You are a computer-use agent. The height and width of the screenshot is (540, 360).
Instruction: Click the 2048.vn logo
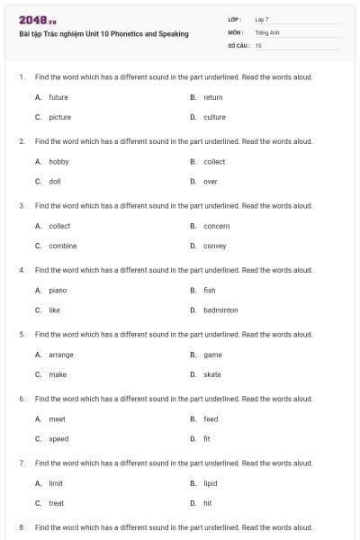tap(37, 20)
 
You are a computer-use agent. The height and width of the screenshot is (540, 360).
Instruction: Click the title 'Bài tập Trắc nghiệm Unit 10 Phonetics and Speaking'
tap(103, 34)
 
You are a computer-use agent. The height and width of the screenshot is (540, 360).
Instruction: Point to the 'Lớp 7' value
tap(262, 19)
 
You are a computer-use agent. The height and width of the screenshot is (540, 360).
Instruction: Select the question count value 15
tap(258, 44)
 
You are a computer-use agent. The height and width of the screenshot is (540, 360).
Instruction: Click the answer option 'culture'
tap(214, 117)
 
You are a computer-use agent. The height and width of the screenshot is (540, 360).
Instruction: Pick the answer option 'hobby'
tap(58, 162)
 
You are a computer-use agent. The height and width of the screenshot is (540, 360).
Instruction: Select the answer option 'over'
tap(210, 182)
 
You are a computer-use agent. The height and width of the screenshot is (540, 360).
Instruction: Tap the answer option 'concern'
tap(216, 226)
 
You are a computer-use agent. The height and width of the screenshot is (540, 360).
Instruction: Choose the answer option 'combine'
tap(62, 246)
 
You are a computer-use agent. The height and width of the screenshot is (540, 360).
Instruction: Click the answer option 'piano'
tap(58, 291)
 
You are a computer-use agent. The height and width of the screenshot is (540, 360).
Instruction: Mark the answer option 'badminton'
tap(220, 310)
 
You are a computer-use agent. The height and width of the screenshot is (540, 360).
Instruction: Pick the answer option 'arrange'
tap(61, 355)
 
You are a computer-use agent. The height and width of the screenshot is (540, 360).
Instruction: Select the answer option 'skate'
tap(211, 374)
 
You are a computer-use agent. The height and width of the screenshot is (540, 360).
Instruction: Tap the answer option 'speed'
tap(58, 439)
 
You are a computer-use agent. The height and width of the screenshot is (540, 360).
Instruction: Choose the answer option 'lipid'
tap(210, 483)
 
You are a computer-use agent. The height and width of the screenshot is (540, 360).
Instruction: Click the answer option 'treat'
tap(56, 503)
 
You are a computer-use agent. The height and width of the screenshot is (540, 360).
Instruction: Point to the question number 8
tap(21, 526)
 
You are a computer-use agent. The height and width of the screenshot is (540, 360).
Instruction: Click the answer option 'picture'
tap(59, 117)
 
